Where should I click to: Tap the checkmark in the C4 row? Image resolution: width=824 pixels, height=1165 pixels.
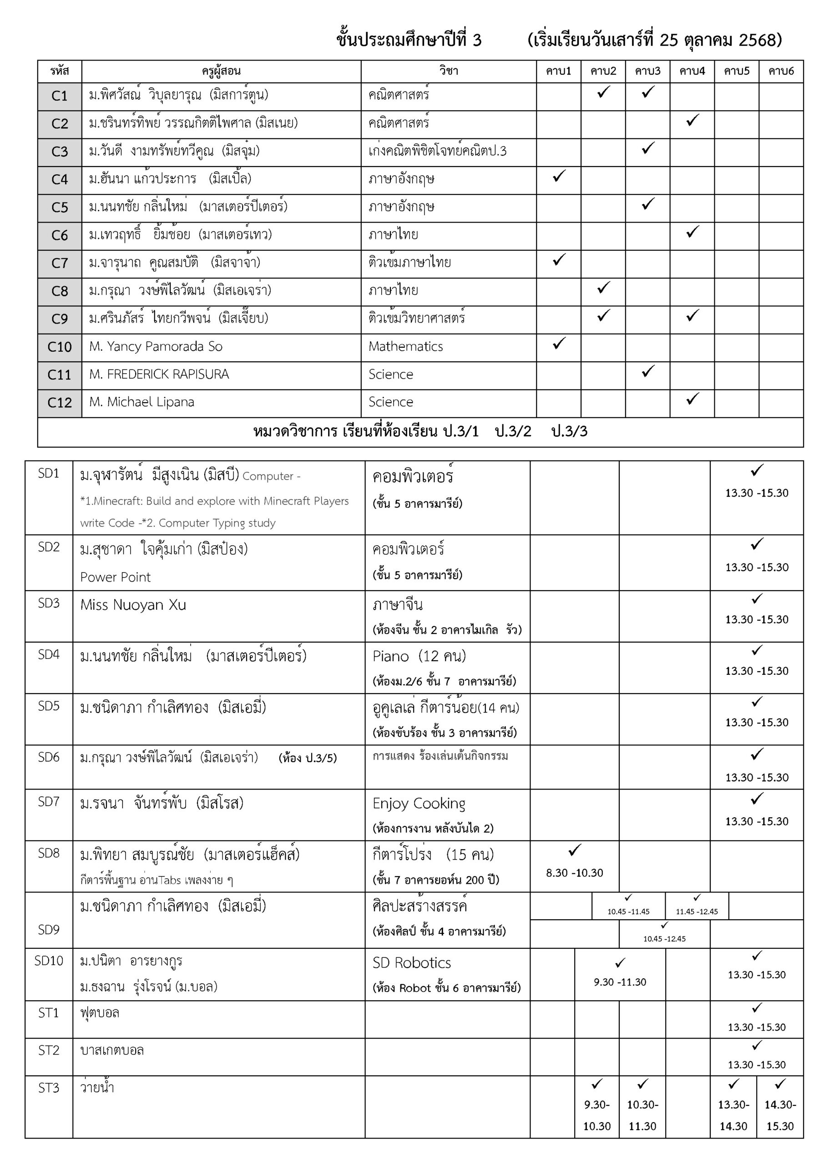coord(559,176)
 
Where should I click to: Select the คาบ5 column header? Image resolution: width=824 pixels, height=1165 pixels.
coord(736,71)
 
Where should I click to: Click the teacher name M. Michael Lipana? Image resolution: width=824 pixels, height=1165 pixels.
coord(142,402)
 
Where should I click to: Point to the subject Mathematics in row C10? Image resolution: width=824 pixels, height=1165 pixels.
coord(405,347)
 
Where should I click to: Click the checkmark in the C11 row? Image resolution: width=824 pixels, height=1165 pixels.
coord(648,371)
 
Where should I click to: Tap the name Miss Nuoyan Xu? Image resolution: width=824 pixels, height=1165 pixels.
coord(133,605)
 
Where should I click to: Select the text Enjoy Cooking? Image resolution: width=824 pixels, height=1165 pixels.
coord(419,803)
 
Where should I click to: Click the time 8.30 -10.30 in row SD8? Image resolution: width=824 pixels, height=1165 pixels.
coord(574,873)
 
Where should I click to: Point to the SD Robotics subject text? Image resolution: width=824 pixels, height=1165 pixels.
coord(411,962)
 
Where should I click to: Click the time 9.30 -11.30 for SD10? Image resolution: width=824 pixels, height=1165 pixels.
coord(620,982)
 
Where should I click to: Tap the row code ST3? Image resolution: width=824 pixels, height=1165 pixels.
coord(49,1088)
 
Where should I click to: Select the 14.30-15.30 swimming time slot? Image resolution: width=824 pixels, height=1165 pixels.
coord(780,1115)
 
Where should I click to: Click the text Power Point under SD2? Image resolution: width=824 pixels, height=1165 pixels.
coord(115,577)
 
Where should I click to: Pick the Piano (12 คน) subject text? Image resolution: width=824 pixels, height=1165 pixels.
coord(419,656)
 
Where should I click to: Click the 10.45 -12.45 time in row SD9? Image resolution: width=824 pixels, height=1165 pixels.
coord(664,939)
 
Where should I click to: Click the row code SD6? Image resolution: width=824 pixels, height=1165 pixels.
coord(49,757)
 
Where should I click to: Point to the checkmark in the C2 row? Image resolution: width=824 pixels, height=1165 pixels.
coord(692,120)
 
